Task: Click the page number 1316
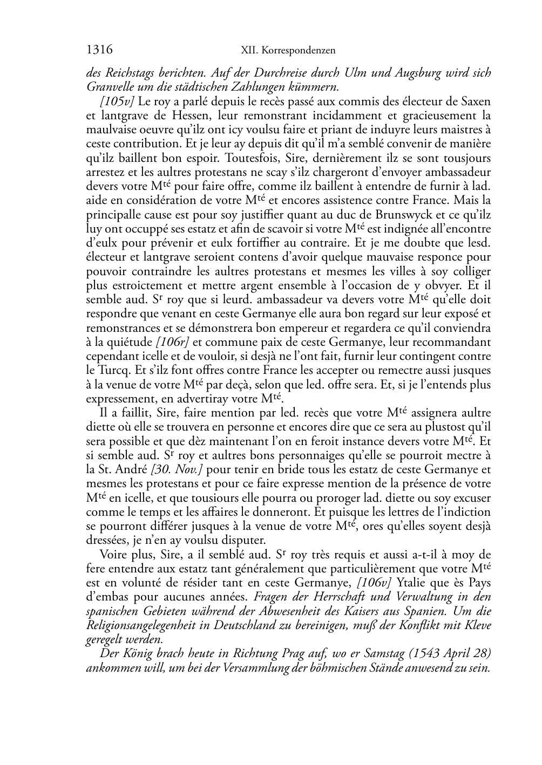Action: (x=99, y=50)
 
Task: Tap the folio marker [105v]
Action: (x=118, y=101)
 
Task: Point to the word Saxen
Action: (x=476, y=101)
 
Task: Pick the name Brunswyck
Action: (x=391, y=215)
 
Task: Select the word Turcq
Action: (x=112, y=371)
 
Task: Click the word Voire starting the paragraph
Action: (x=114, y=554)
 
